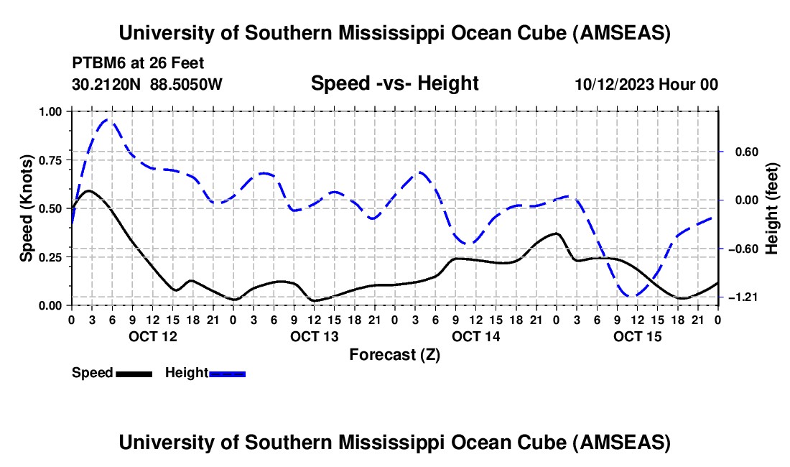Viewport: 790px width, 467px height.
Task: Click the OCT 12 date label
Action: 152,336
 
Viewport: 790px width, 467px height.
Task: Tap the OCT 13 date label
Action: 314,336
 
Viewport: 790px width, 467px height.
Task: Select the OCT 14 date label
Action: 475,336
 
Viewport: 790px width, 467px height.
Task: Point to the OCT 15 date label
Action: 637,336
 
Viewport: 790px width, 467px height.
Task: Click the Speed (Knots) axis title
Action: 27,208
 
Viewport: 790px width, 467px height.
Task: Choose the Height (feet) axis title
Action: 772,208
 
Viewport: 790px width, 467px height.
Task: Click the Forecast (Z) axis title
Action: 394,354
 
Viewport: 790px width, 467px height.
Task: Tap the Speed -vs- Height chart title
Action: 394,83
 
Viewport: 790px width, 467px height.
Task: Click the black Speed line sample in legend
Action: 133,373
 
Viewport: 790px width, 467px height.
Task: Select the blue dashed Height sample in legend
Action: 227,373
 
